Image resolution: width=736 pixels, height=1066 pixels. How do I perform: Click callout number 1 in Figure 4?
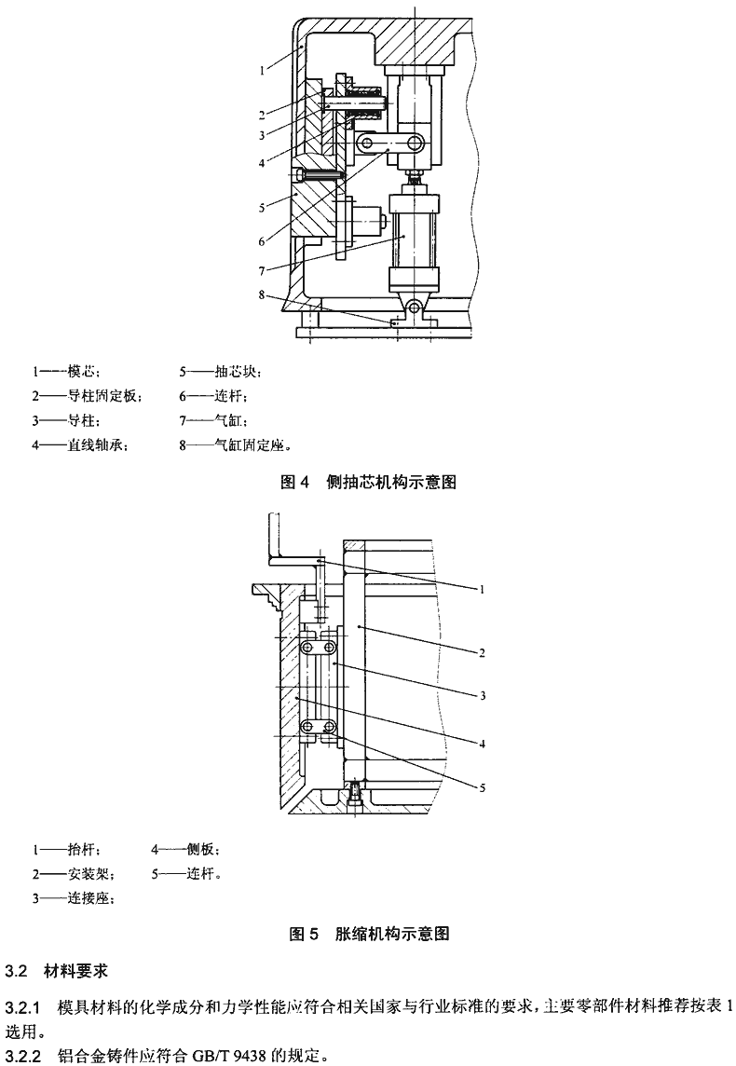264,69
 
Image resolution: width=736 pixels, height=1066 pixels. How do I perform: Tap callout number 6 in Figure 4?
264,240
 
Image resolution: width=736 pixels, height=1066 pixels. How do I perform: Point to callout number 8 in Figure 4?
264,295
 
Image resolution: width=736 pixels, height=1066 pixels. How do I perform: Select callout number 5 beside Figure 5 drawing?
483,787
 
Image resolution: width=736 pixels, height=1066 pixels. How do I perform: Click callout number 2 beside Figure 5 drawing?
483,653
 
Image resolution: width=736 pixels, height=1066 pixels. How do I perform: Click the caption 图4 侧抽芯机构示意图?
368,482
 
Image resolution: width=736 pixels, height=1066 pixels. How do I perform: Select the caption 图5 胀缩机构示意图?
368,934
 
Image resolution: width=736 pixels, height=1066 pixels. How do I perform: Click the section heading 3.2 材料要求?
58,971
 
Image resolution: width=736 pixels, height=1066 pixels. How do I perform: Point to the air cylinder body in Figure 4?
410,239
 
